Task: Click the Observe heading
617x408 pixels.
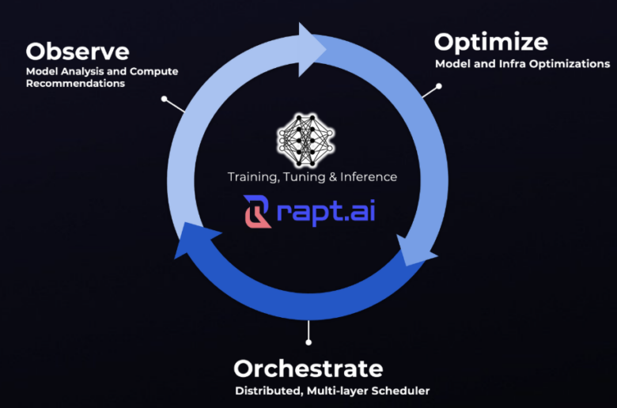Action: coord(78,51)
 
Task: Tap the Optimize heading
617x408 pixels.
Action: coord(490,43)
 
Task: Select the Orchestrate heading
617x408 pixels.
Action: coord(308,368)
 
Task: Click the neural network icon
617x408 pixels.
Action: coord(305,140)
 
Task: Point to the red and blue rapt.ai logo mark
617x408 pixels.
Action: coord(256,212)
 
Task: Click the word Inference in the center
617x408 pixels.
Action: coord(369,177)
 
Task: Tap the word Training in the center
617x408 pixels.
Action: coord(252,177)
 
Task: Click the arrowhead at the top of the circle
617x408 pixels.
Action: coord(312,49)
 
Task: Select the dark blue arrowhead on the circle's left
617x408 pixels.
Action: coord(195,240)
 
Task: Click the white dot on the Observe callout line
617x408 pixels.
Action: coord(164,99)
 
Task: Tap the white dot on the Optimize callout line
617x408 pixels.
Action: coord(439,86)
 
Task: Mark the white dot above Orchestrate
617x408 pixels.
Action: coord(308,342)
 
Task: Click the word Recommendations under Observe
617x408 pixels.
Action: coord(76,83)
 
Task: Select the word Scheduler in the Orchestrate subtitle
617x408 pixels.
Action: coord(400,391)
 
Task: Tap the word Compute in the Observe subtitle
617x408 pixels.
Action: coord(154,72)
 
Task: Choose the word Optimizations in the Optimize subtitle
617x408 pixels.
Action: coord(570,64)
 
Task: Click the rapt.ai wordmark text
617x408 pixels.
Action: coord(326,213)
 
